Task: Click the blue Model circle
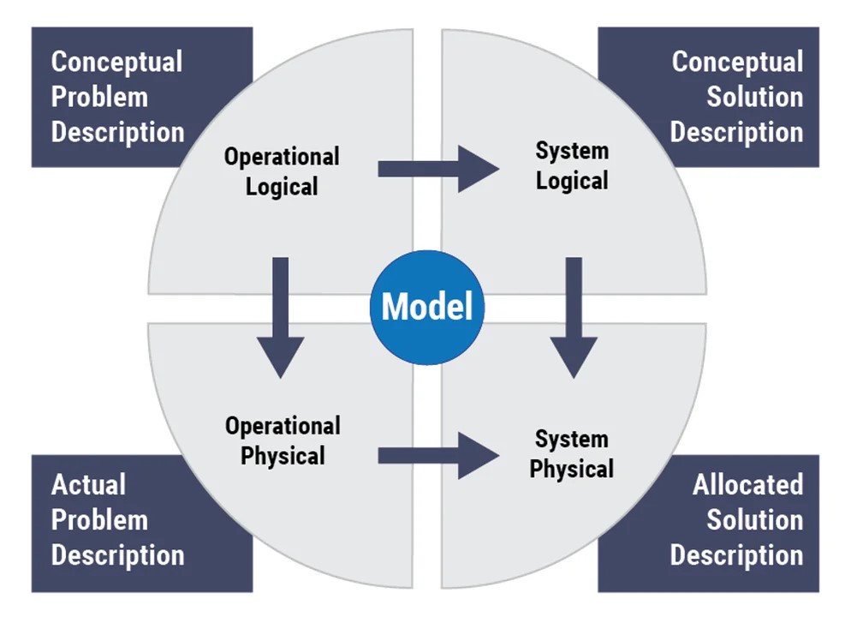point(427,307)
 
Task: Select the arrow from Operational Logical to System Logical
point(438,169)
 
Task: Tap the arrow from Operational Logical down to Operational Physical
point(280,318)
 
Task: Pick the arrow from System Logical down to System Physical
point(574,318)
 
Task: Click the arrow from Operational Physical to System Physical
point(438,456)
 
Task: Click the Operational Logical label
point(282,171)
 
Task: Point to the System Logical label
point(572,165)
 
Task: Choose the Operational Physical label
point(283,440)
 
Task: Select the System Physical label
point(572,454)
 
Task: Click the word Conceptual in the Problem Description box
point(117,63)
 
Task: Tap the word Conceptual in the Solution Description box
point(737,63)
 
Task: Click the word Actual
point(88,484)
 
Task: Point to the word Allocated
point(748,484)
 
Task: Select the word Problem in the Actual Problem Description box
point(99,520)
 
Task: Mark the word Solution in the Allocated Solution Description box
point(755,520)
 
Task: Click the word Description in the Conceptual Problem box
point(118,133)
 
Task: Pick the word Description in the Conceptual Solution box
point(736,133)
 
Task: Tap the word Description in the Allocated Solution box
point(736,556)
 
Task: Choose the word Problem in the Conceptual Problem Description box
point(99,97)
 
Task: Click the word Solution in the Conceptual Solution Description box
point(755,97)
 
